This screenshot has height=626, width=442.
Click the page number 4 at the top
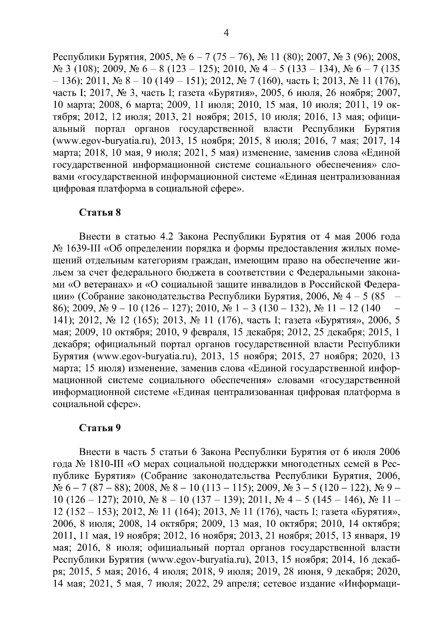pyautogui.click(x=226, y=33)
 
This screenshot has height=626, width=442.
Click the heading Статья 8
pyautogui.click(x=100, y=212)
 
